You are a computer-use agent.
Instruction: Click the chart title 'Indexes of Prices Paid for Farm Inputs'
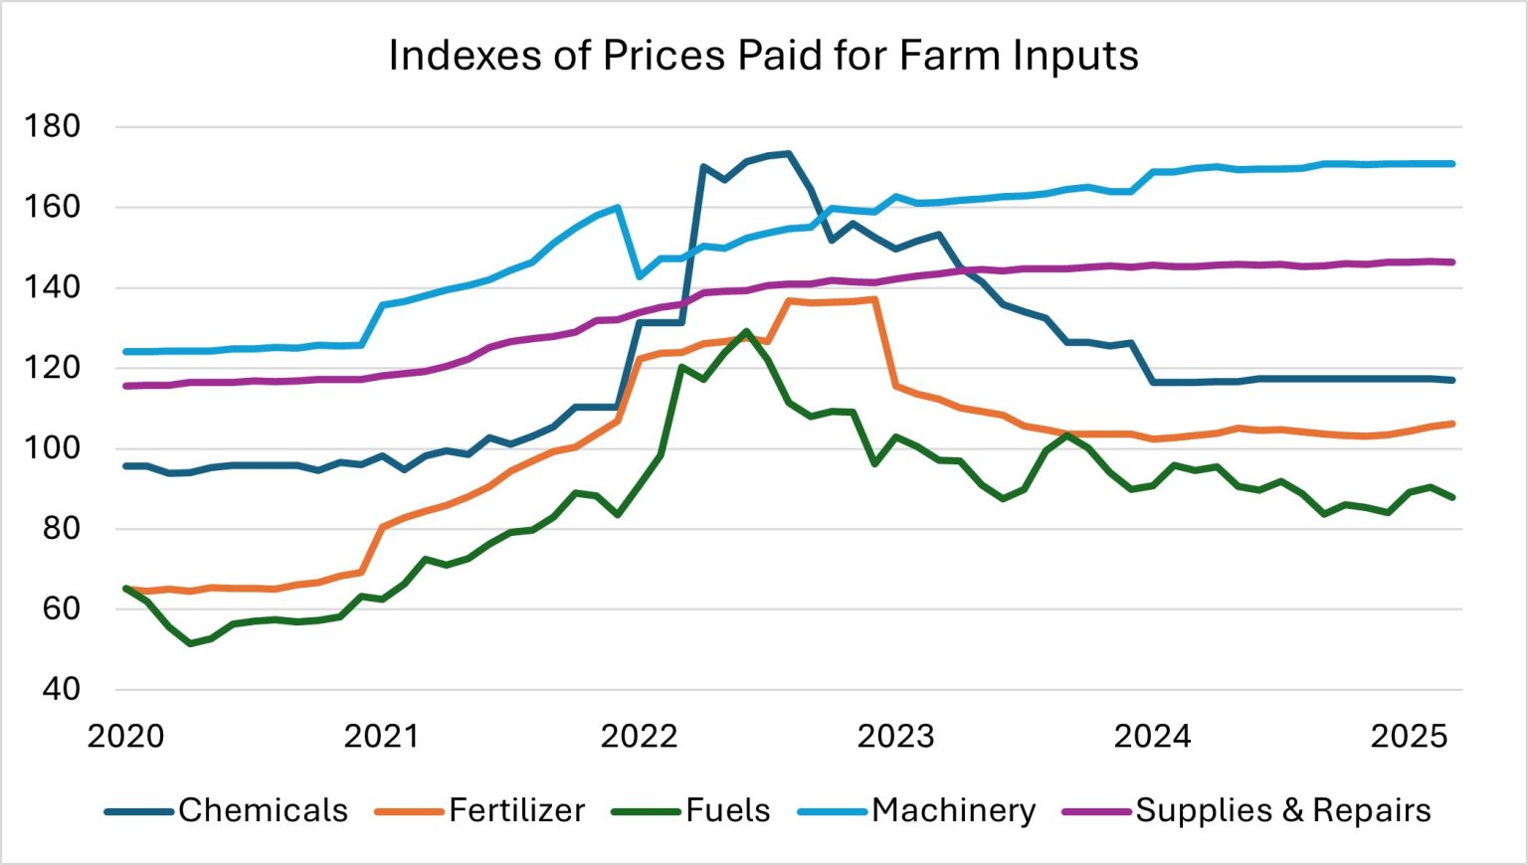click(x=763, y=56)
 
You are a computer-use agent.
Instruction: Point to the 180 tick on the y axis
click(x=53, y=126)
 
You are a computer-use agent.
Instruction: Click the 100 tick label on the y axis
click(x=53, y=447)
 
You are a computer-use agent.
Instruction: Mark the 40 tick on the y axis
click(x=60, y=688)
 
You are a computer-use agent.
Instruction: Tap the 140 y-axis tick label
click(x=53, y=287)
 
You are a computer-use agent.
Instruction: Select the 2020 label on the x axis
click(x=125, y=737)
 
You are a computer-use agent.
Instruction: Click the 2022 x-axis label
click(x=639, y=737)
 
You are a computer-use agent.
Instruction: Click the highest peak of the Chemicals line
click(x=788, y=153)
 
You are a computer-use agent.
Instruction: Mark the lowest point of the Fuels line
click(x=190, y=643)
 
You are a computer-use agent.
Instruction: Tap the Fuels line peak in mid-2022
click(x=746, y=331)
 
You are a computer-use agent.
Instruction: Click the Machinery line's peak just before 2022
click(x=618, y=208)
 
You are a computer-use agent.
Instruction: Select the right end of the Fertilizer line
click(x=1452, y=424)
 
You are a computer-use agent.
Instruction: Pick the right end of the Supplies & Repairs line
click(x=1452, y=262)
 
